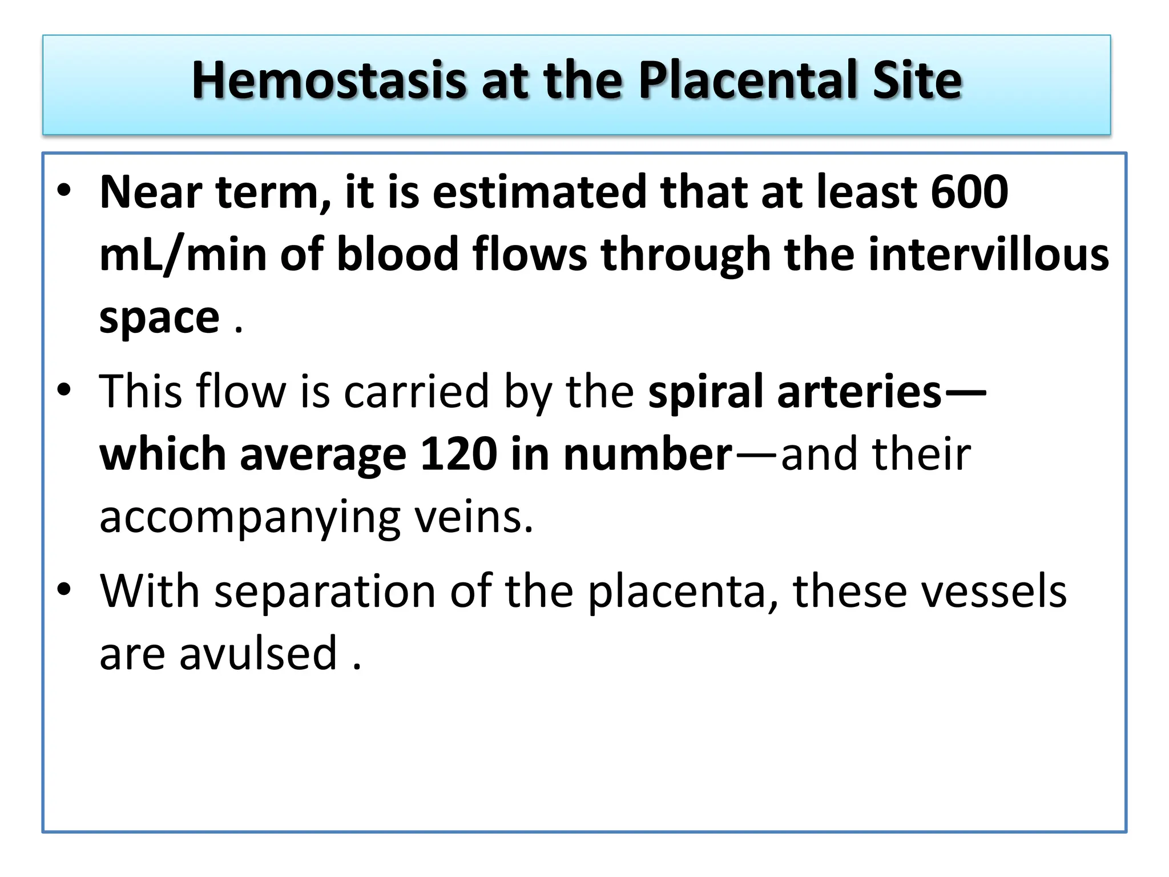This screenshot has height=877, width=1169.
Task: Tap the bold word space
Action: [159, 317]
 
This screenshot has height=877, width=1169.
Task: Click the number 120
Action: [458, 454]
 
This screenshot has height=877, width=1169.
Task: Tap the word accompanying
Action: [249, 517]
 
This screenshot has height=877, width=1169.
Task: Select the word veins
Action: [473, 517]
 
